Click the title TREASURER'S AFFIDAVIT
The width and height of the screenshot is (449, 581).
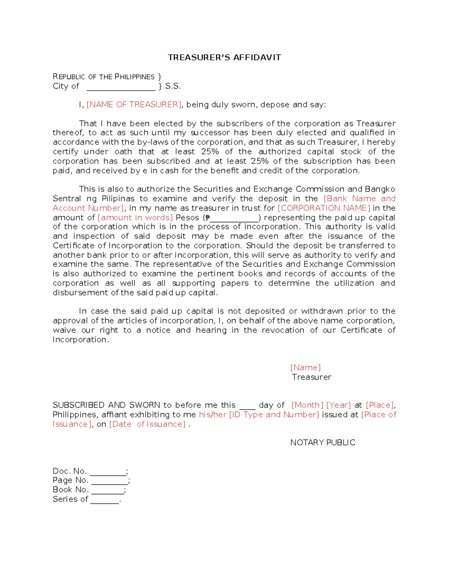click(224, 57)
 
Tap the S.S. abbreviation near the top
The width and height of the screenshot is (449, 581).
click(173, 86)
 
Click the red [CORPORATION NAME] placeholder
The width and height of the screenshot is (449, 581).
click(324, 208)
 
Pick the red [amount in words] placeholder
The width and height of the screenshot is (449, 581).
click(135, 218)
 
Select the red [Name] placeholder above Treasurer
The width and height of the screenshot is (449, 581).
click(305, 368)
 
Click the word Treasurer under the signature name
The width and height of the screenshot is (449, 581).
click(311, 377)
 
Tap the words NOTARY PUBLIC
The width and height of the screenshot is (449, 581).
click(323, 443)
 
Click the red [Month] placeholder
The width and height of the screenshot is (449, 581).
click(307, 405)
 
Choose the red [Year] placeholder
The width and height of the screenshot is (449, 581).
click(339, 405)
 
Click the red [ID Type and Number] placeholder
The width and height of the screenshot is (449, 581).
click(274, 415)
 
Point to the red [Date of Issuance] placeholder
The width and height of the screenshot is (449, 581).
click(147, 424)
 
